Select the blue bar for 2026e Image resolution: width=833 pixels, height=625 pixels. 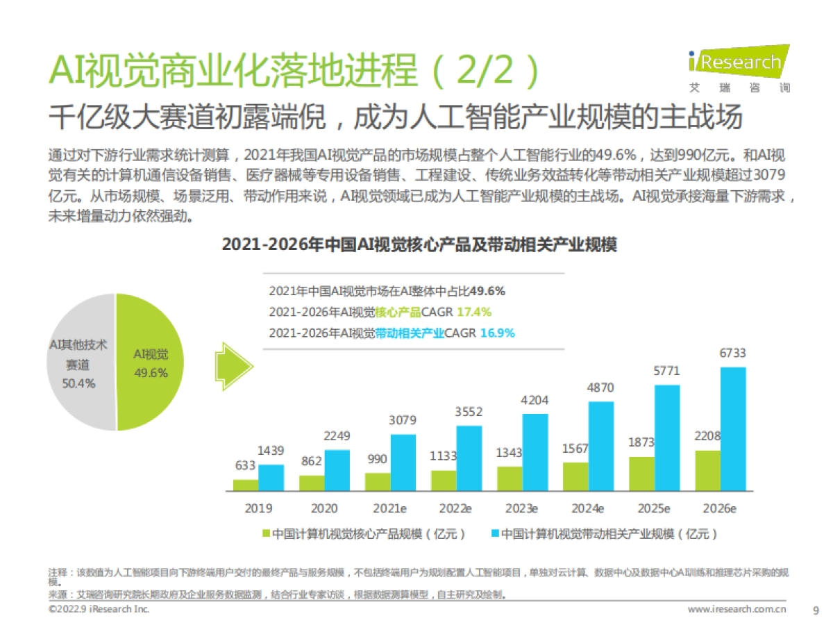click(733, 429)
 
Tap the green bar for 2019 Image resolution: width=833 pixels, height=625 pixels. click(245, 485)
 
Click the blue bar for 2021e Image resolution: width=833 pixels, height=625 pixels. click(403, 462)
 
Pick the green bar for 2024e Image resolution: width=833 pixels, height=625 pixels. click(575, 476)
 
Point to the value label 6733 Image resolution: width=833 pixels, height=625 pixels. click(732, 353)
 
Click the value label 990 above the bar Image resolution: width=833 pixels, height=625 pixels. click(378, 460)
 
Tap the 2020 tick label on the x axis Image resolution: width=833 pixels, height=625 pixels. click(324, 508)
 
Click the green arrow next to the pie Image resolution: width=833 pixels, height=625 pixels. click(232, 362)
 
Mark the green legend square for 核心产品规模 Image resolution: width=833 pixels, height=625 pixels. click(266, 534)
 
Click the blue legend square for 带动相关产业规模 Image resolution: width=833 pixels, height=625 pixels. click(494, 534)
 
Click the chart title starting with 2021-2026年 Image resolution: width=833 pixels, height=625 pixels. click(419, 245)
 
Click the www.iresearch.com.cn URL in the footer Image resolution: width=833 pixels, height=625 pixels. click(737, 610)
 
